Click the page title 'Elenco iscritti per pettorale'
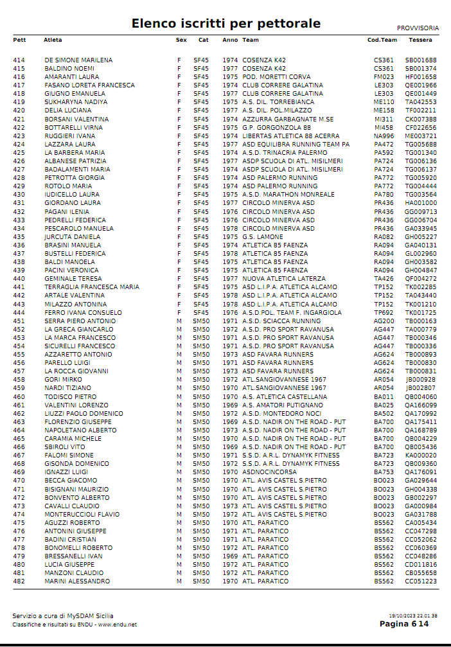(225, 24)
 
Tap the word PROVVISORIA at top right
(418, 28)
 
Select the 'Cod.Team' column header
(382, 40)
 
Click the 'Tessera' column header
(420, 40)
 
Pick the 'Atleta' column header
(53, 40)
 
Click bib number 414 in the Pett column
(19, 60)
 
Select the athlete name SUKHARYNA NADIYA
(76, 102)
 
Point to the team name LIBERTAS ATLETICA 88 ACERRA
(290, 136)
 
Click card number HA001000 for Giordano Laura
(421, 203)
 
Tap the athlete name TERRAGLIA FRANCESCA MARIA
(92, 287)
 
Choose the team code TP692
(384, 312)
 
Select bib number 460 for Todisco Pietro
(19, 396)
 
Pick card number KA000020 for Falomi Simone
(421, 456)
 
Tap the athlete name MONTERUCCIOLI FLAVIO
(82, 514)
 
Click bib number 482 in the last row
(19, 581)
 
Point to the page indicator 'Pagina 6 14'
(403, 624)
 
